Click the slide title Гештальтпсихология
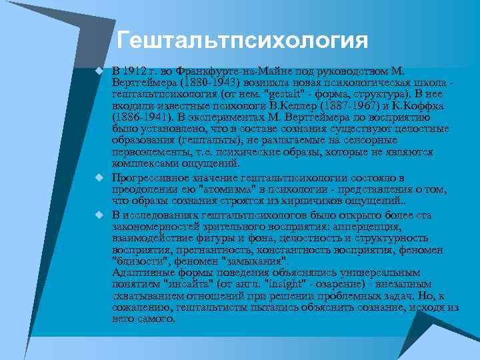(241, 40)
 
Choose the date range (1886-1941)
(140, 117)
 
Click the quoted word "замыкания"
(254, 261)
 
